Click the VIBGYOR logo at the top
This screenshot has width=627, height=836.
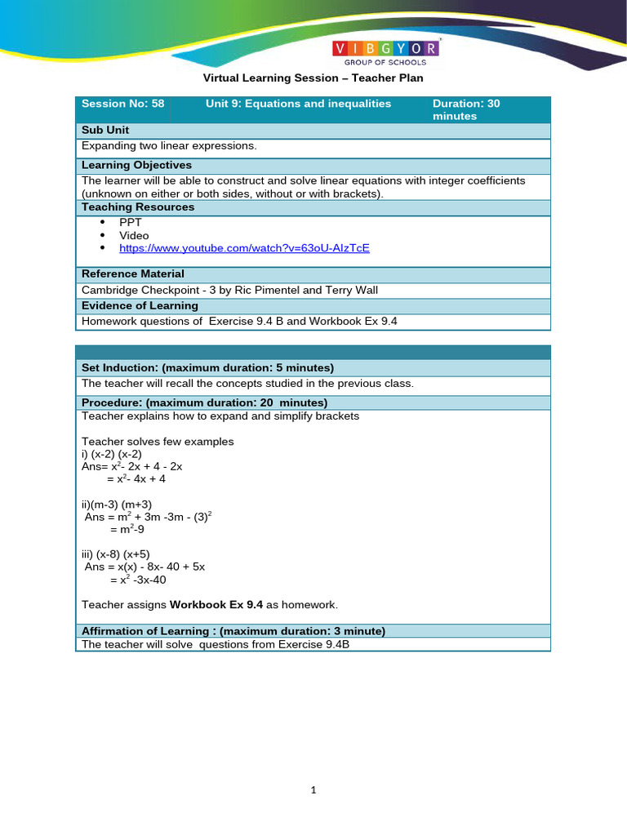(x=387, y=53)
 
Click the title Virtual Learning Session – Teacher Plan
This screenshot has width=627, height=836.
(x=313, y=78)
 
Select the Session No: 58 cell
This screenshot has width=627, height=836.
(x=123, y=104)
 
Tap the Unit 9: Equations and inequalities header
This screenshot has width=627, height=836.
(x=298, y=104)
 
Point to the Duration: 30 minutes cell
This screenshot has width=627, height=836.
(x=466, y=109)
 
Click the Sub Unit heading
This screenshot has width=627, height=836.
(x=105, y=130)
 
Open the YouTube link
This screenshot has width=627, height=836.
(x=244, y=247)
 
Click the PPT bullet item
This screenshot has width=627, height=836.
(x=131, y=222)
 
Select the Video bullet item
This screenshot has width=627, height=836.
(x=134, y=235)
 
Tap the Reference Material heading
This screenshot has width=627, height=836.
(x=133, y=273)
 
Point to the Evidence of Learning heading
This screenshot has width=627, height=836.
(x=140, y=305)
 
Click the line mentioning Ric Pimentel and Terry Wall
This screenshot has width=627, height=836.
(x=229, y=290)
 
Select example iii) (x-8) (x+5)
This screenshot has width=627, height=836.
(x=116, y=554)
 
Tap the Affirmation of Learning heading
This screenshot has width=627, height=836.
(x=233, y=630)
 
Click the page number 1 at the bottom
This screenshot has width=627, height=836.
(x=313, y=790)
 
